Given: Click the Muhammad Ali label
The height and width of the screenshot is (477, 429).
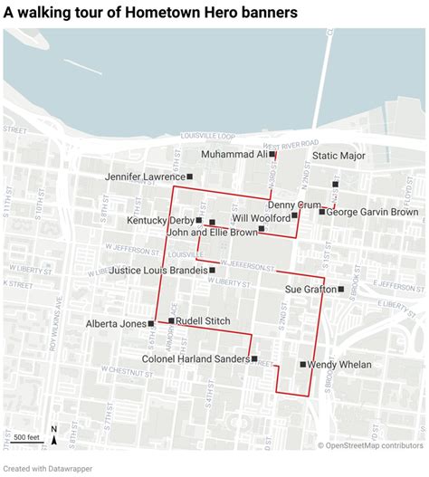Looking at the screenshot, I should (x=234, y=155).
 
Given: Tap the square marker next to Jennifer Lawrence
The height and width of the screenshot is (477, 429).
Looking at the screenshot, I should (x=190, y=176).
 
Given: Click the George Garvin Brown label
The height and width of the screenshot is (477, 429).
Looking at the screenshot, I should (x=372, y=212).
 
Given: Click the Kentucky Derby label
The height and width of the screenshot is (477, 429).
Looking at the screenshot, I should (x=160, y=220).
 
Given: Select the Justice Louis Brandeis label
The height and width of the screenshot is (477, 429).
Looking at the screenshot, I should (x=158, y=270).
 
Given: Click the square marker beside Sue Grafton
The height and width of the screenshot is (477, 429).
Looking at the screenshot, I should (x=341, y=289).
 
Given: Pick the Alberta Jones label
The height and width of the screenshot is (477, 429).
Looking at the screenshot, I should (x=115, y=323).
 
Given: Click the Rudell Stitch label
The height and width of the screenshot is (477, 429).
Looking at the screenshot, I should (x=203, y=321).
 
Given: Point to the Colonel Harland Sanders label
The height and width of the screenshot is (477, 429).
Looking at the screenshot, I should (x=195, y=359).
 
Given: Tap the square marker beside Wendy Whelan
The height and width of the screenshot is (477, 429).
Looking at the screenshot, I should (x=303, y=364).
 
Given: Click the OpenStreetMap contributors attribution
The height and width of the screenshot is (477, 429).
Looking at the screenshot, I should (x=370, y=444).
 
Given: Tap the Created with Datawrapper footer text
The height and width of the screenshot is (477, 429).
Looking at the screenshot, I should (x=45, y=468).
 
